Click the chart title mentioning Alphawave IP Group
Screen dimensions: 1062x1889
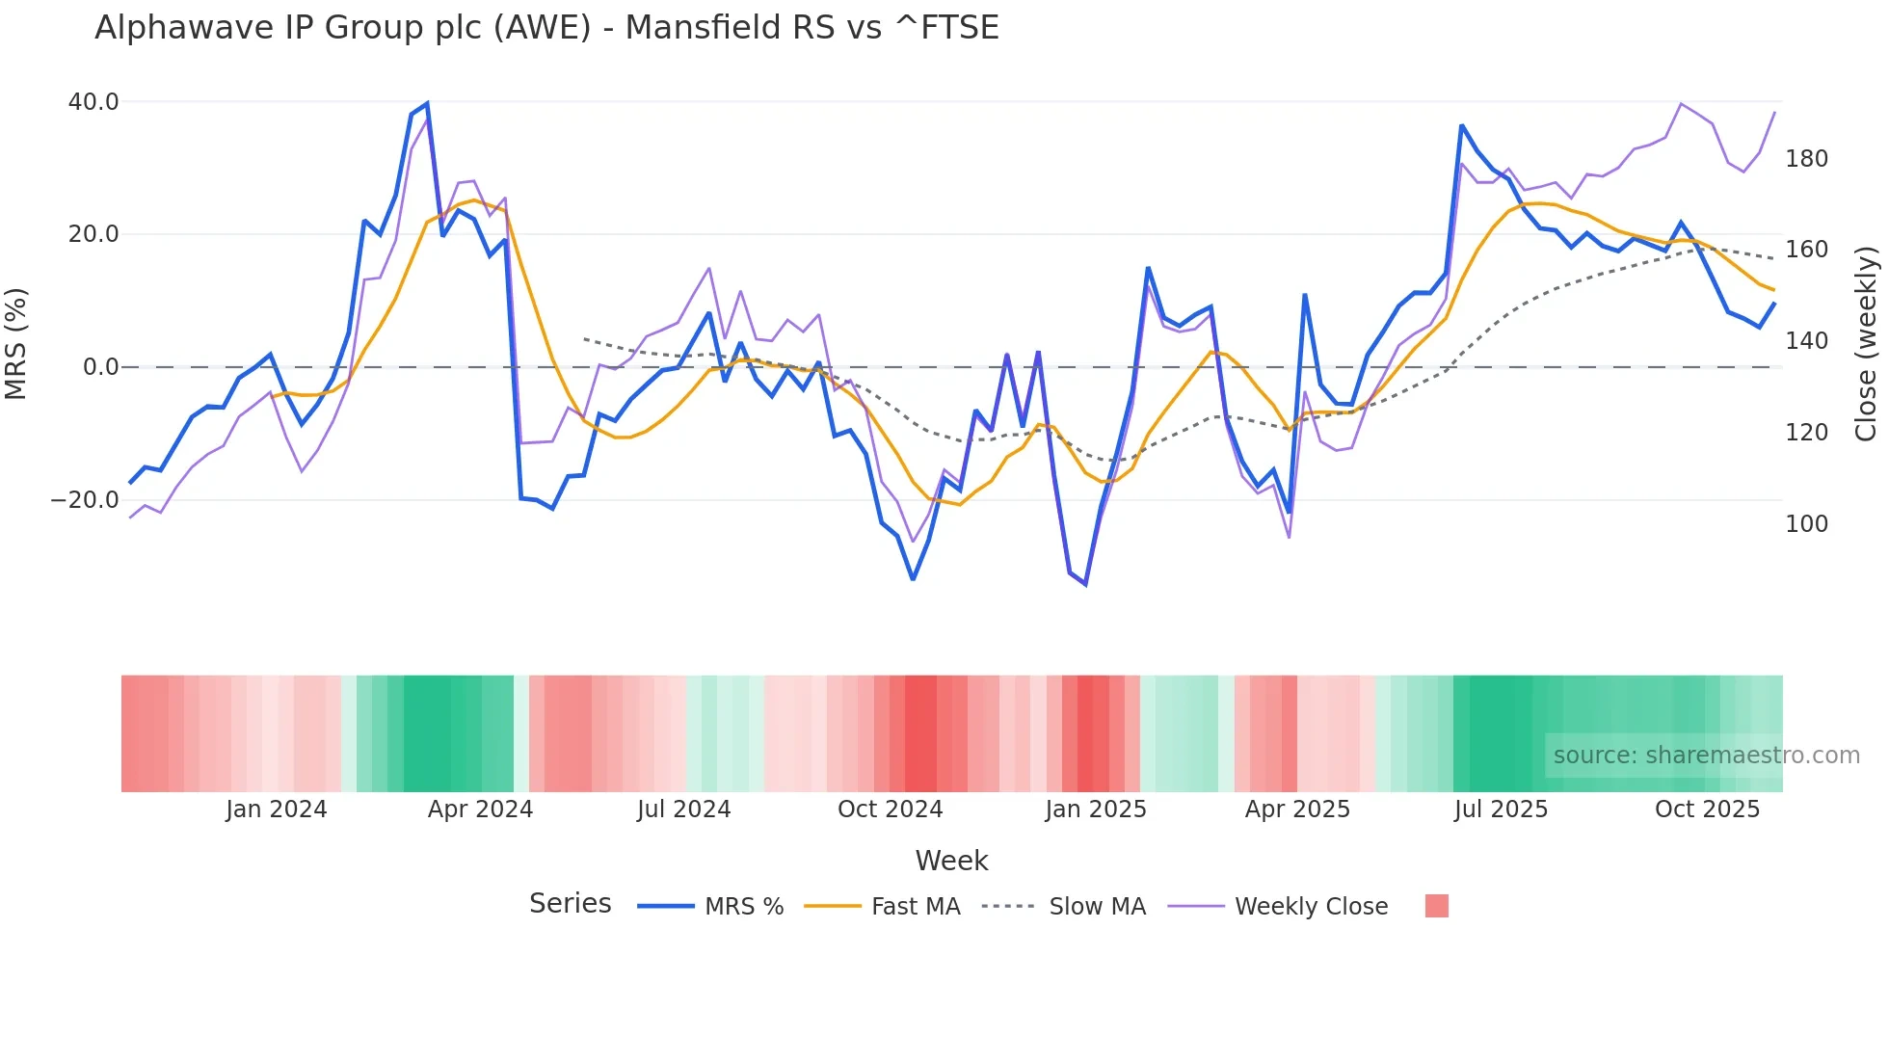tap(546, 28)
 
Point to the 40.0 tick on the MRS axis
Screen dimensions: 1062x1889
tap(93, 102)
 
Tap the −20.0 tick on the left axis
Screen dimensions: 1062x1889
tap(85, 500)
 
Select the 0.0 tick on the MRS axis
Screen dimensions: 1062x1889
tap(100, 367)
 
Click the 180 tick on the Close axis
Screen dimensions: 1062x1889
tap(1806, 159)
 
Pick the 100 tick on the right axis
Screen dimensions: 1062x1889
tap(1806, 524)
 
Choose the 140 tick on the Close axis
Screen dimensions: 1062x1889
tap(1806, 341)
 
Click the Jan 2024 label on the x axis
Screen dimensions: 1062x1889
tap(277, 810)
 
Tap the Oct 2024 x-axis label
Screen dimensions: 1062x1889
tap(890, 810)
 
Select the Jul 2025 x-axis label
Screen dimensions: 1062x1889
tap(1501, 810)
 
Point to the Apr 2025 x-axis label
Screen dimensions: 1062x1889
tap(1297, 810)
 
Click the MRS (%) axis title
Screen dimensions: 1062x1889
tap(16, 344)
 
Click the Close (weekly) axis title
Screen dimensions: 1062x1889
tap(1866, 344)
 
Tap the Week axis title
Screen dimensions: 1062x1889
tap(951, 861)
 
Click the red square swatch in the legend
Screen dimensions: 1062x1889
tap(1436, 906)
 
